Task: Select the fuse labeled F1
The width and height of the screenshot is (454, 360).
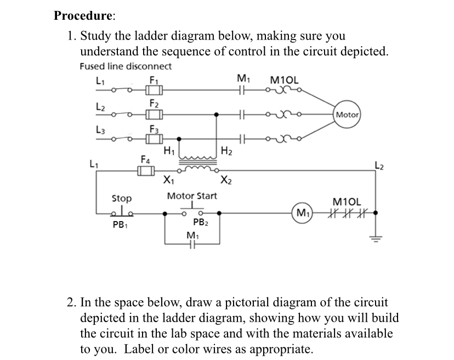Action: tap(154, 89)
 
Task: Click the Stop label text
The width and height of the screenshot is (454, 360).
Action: tap(121, 198)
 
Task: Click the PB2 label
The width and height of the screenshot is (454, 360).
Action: tap(200, 222)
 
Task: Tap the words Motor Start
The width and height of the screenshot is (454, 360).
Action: tap(192, 196)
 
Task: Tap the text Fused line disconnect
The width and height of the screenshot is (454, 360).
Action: tap(126, 66)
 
